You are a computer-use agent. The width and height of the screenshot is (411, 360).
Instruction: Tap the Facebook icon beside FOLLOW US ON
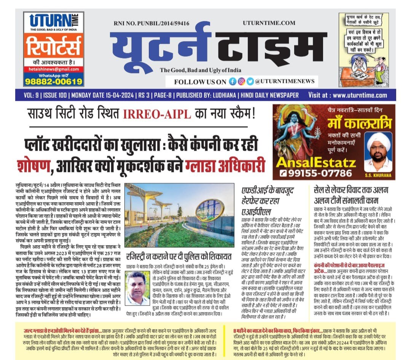click(233, 81)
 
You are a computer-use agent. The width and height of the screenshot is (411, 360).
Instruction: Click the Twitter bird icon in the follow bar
click(250, 81)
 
